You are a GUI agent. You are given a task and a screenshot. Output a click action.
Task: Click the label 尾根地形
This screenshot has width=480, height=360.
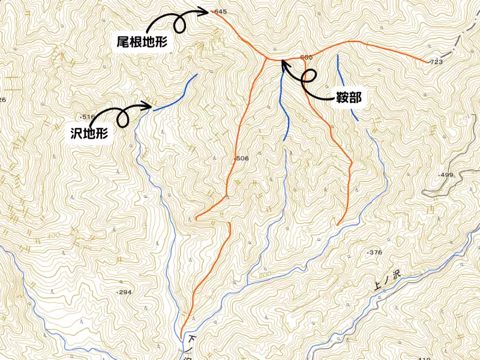pos(142,42)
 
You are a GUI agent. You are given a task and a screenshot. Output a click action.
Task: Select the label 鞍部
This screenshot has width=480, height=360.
pos(349,97)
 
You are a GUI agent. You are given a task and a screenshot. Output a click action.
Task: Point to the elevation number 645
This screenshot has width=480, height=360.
pos(220,12)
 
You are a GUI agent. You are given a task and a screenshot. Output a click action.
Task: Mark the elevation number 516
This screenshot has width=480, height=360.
pos(89,116)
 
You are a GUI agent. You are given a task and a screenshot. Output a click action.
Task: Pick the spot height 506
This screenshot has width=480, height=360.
pos(242,158)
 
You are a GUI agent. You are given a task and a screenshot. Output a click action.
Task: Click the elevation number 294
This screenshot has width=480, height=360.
pos(124,292)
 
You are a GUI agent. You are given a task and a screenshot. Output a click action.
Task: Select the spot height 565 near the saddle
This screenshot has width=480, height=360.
pos(306,57)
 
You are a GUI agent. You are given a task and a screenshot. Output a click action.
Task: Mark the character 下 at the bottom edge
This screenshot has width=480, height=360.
pos(192,339)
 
